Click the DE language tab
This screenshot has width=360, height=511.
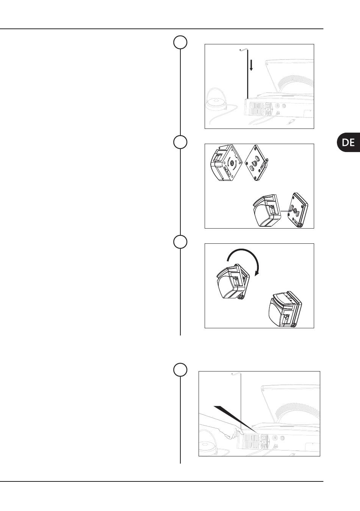click(x=348, y=142)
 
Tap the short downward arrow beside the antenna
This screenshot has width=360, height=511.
click(x=251, y=65)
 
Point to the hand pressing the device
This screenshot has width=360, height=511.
click(x=230, y=433)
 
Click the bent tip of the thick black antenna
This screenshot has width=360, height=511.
click(x=243, y=50)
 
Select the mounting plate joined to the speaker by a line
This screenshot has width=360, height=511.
click(x=298, y=210)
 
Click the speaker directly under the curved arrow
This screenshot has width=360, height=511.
click(x=233, y=281)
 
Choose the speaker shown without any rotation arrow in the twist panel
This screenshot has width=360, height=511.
click(x=285, y=309)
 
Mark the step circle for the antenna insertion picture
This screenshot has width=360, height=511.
click(x=180, y=42)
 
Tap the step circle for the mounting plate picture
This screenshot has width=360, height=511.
click(x=180, y=142)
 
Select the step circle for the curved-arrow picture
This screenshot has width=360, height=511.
click(x=180, y=241)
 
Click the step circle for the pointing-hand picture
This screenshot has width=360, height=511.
click(x=180, y=370)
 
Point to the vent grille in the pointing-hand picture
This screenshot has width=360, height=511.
click(x=251, y=440)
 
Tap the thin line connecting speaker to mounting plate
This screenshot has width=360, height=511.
click(x=285, y=211)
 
